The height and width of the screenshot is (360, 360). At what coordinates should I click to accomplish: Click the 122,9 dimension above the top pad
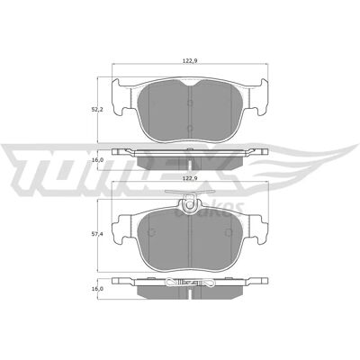[190, 61]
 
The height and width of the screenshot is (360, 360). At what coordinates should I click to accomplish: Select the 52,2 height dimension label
[97, 110]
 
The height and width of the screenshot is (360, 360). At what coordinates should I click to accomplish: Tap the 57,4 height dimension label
[97, 234]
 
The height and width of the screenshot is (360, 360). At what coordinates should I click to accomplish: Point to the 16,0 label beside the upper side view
[97, 160]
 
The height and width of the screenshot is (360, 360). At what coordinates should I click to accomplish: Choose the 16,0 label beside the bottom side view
[97, 289]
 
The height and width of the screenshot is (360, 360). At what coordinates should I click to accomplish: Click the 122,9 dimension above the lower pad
[190, 178]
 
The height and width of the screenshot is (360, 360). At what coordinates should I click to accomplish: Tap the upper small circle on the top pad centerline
[190, 103]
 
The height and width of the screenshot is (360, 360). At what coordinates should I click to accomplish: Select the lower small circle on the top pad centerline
[190, 129]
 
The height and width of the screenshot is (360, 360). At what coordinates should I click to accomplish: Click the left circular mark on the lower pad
[152, 232]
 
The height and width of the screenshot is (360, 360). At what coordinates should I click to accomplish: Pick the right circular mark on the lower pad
[229, 232]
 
